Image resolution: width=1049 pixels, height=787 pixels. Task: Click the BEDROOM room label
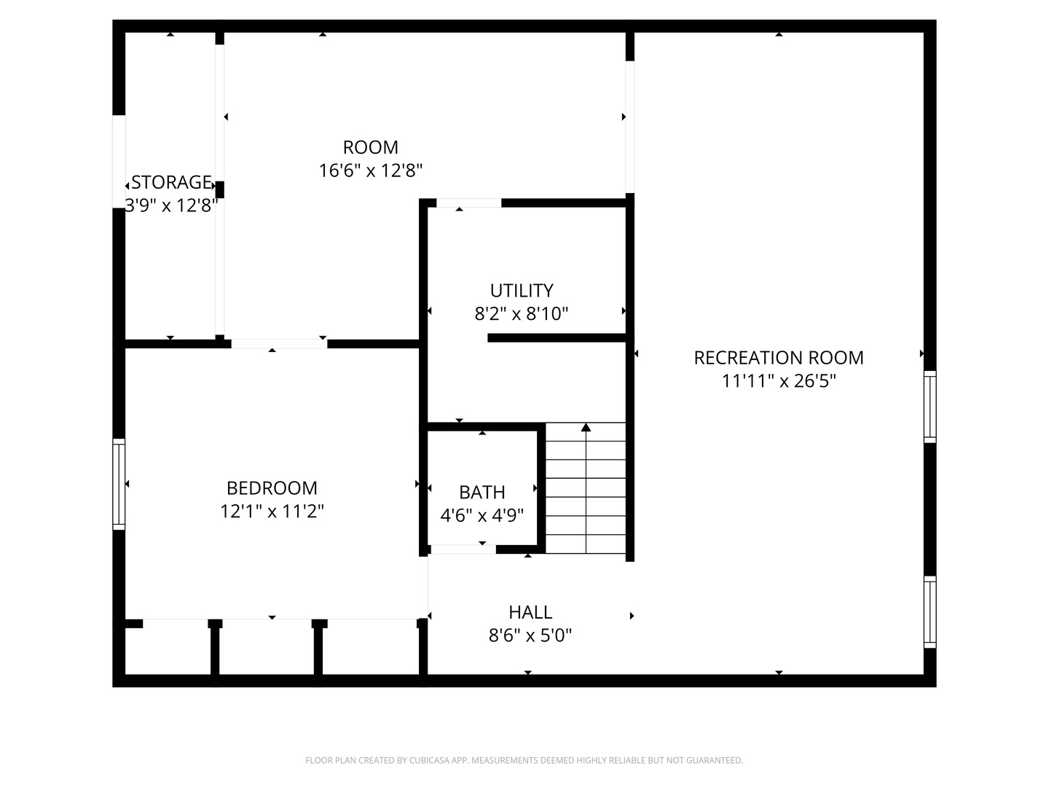click(272, 488)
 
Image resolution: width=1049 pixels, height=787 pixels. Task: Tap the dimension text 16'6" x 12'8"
click(371, 171)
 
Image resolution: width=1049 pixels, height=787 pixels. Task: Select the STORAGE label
click(172, 182)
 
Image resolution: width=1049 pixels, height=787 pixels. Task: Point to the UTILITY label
click(522, 291)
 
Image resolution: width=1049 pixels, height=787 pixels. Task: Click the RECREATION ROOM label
click(778, 358)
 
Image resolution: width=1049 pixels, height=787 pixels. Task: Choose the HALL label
click(530, 612)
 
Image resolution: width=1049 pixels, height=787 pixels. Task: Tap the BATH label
click(482, 493)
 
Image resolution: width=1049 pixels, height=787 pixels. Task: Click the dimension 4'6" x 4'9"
click(482, 516)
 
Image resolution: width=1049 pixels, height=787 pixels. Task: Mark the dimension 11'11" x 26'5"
click(778, 381)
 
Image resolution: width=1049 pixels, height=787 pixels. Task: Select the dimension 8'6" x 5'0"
click(530, 635)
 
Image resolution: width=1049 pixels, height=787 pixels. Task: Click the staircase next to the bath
click(586, 496)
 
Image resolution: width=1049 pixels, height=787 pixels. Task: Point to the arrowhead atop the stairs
click(586, 427)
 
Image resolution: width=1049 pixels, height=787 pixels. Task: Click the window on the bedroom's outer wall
click(119, 484)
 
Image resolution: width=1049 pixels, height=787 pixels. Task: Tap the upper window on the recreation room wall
click(930, 406)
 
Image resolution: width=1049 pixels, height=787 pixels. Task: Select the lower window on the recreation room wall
click(930, 612)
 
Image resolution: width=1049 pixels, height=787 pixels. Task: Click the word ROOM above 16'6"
click(371, 147)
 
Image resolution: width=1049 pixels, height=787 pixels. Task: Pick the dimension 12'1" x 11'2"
click(272, 511)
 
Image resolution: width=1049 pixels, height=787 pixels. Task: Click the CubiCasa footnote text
click(524, 761)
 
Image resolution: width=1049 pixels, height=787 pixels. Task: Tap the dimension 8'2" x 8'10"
click(522, 314)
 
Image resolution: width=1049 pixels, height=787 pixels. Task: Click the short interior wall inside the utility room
click(557, 337)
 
